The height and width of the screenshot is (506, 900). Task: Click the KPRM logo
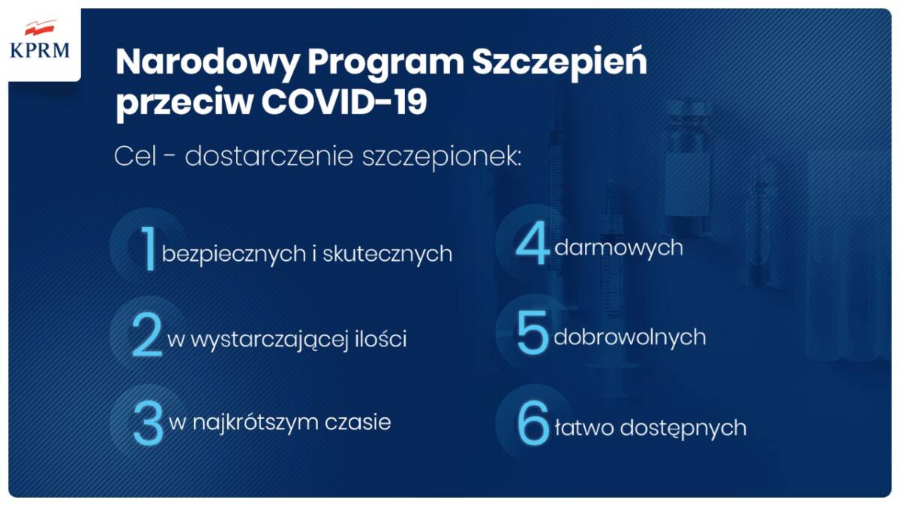(40, 40)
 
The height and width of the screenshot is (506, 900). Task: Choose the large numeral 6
(533, 425)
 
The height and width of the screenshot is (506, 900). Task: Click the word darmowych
(619, 247)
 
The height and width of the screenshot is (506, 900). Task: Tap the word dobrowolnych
(629, 337)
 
